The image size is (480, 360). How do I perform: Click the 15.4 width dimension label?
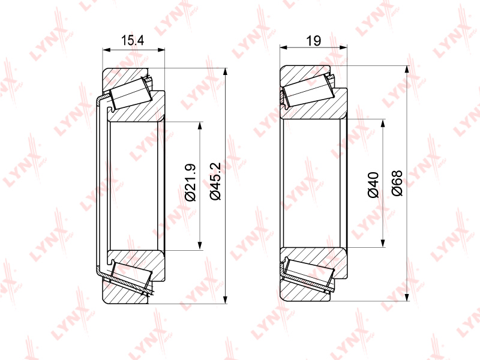click(x=132, y=40)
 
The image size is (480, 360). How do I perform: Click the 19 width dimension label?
click(x=313, y=40)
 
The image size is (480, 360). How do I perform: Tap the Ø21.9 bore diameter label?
click(x=190, y=182)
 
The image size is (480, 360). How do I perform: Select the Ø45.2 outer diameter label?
click(x=215, y=181)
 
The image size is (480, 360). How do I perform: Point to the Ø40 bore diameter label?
click(x=373, y=185)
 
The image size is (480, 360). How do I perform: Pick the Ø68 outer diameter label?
click(x=397, y=183)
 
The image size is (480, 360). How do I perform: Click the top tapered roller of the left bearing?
click(x=131, y=93)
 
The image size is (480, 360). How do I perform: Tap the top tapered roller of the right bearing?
click(x=308, y=91)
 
